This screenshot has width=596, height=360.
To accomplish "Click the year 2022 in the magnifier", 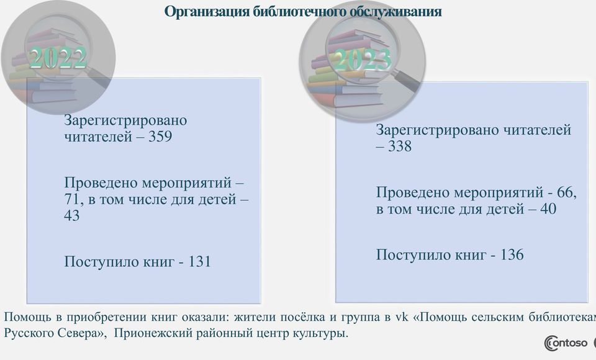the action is (x=58, y=58).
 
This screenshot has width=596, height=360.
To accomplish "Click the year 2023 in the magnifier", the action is (x=361, y=60).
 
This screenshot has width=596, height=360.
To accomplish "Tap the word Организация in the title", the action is (x=207, y=11).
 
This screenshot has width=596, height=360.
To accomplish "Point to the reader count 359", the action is (x=160, y=137).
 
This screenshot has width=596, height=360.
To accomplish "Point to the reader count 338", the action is (x=399, y=146).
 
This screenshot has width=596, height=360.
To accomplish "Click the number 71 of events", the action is (x=72, y=199).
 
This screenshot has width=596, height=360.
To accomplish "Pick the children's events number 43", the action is (x=72, y=215).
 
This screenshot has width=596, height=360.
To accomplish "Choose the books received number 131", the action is (x=199, y=261).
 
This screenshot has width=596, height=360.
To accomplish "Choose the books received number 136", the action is (x=512, y=254).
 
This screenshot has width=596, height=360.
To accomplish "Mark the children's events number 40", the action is (x=548, y=209).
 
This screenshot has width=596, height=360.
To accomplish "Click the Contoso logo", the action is (x=566, y=343).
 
